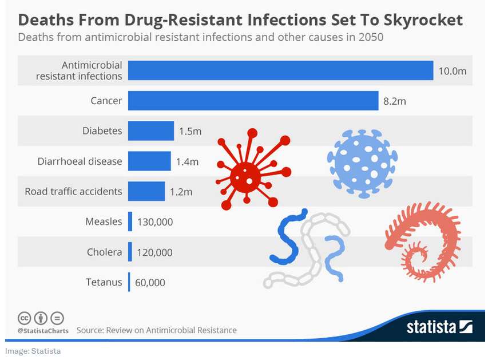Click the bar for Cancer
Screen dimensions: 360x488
tap(253, 101)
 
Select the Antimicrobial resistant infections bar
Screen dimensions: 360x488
tap(280, 70)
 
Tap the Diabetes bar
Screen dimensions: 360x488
tap(151, 130)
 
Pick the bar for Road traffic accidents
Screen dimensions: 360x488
tap(146, 191)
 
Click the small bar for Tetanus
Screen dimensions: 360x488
tap(130, 282)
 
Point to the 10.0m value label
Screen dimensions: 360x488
tap(453, 71)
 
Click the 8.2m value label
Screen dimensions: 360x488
tap(395, 101)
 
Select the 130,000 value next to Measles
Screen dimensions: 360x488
tap(155, 221)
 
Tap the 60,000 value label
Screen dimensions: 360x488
tap(151, 282)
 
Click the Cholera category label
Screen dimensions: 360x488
tap(104, 252)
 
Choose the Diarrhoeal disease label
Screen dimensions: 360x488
tap(80, 161)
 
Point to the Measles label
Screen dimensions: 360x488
tap(104, 221)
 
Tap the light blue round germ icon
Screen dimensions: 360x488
tap(362, 163)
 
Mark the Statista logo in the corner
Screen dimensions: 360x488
tap(439, 327)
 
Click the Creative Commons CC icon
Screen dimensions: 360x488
tap(24, 318)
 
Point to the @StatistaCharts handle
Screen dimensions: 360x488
tap(43, 331)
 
